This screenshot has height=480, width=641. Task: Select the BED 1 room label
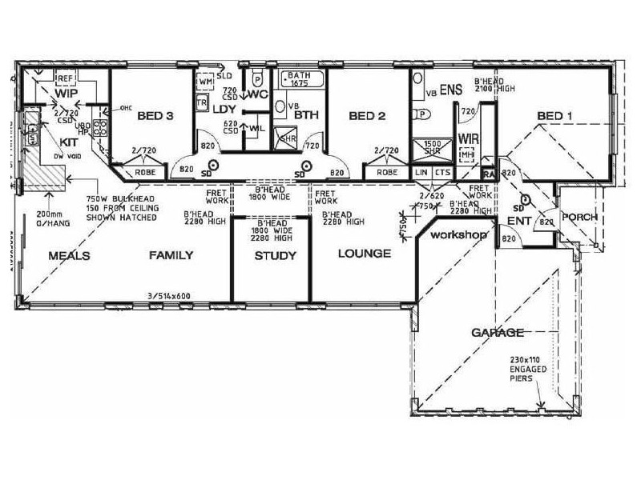tap(554, 117)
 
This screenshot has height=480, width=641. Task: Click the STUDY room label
tap(275, 257)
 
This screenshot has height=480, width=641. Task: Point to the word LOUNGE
tap(364, 254)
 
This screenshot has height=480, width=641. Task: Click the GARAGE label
tap(497, 332)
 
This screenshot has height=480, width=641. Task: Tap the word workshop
tap(458, 238)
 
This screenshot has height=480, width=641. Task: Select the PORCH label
tap(579, 217)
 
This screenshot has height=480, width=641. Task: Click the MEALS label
tap(68, 256)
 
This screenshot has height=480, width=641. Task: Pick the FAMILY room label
tap(171, 256)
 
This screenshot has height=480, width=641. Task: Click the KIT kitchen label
tap(46, 141)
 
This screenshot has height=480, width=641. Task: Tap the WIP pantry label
tap(66, 94)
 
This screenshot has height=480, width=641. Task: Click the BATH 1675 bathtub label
tap(299, 78)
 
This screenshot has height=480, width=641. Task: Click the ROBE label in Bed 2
tap(388, 172)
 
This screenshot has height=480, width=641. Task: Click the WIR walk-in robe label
tap(468, 138)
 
